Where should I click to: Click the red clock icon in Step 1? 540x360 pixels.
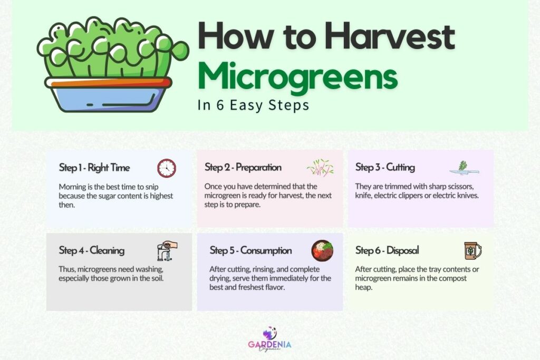167,168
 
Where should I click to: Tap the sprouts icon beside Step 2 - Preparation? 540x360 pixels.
320,167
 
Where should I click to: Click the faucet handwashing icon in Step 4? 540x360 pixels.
167,250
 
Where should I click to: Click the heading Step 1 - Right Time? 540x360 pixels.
94,168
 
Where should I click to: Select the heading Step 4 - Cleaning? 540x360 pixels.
92,250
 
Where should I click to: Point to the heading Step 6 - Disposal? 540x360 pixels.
387,250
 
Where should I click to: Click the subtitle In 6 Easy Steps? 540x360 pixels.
253,105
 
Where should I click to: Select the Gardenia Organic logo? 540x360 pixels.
269,340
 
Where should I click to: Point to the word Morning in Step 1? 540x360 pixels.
74,187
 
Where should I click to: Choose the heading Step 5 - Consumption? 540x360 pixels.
250,250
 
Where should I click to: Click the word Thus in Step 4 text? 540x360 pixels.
67,269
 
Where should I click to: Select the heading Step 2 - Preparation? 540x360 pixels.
243,168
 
